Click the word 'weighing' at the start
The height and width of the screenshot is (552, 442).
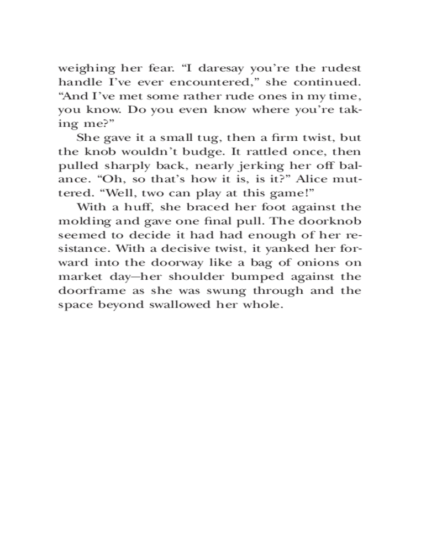[x=83, y=69]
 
